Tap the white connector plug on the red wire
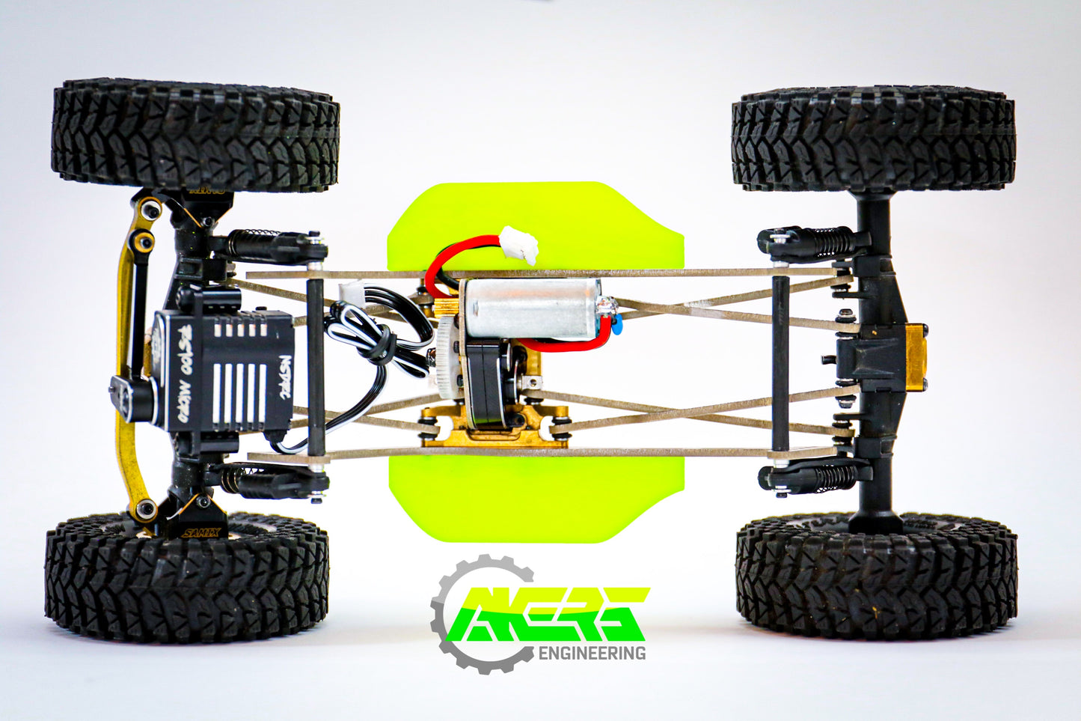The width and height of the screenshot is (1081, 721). click(521, 244)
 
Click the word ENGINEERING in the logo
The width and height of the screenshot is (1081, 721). click(592, 653)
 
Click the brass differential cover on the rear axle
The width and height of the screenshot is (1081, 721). click(916, 357)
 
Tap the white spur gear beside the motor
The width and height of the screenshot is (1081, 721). click(449, 356)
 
